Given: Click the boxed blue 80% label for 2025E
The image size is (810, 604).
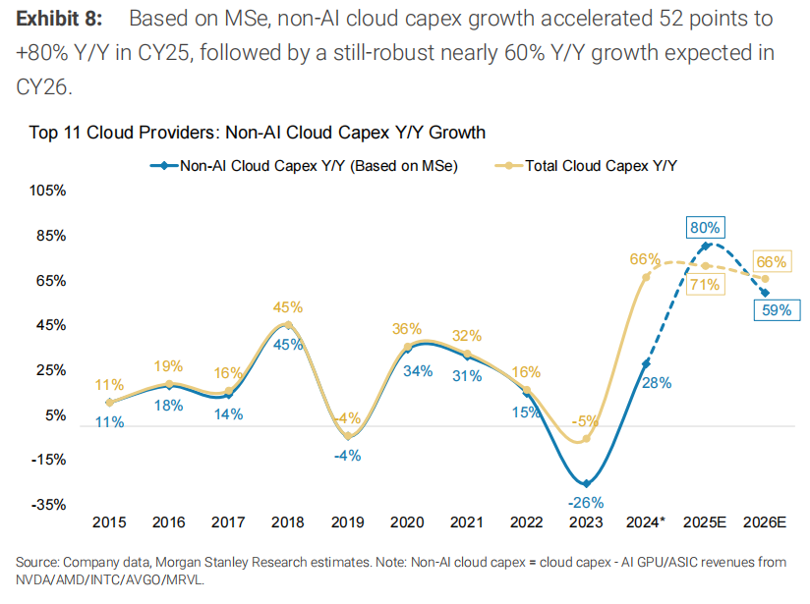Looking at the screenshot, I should pos(704,227).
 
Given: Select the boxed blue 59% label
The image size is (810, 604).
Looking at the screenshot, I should pos(773,310).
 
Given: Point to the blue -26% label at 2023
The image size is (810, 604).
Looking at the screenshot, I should pos(586,503).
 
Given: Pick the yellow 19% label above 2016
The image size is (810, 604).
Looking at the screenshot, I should pos(168,365).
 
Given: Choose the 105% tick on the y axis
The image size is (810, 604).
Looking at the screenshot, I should pos(46,191).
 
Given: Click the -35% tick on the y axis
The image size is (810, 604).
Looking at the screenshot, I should pos(47,505).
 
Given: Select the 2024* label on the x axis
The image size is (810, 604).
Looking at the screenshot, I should pos(646,522).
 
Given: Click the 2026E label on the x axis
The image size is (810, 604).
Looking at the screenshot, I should pos(767,522).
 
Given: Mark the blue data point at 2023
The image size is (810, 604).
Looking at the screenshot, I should pos(586,483).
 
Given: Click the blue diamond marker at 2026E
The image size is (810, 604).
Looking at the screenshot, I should pos(766,293).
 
